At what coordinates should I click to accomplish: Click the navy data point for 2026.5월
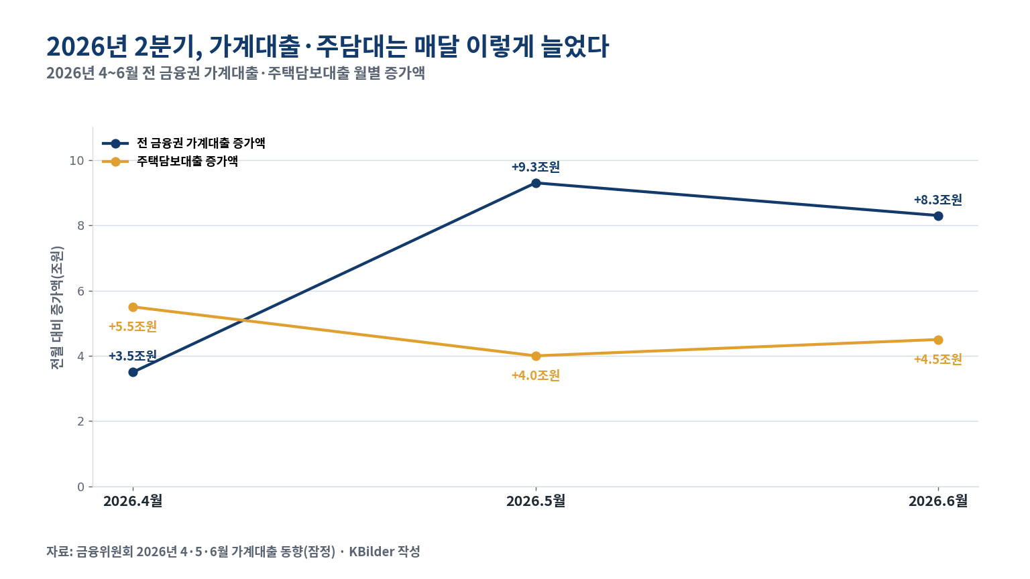[x=536, y=184]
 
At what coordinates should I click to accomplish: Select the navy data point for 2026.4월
[x=133, y=372]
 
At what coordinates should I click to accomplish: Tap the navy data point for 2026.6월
[x=938, y=216]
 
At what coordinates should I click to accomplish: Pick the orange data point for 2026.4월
[x=133, y=307]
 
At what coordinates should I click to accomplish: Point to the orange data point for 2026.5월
[x=536, y=356]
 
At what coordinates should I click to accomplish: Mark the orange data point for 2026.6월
[x=938, y=340]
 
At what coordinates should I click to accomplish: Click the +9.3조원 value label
[x=536, y=167]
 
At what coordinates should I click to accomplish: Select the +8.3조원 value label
[x=938, y=200]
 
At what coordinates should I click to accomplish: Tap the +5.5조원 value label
[x=133, y=326]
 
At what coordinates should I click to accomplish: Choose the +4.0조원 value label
[x=536, y=375]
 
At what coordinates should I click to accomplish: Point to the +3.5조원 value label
[x=133, y=356]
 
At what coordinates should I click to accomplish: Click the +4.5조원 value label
[x=938, y=359]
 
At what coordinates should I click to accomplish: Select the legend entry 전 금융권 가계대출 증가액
[x=184, y=143]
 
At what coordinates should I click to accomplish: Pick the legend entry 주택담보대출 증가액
[x=170, y=162]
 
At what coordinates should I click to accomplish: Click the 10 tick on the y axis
[x=77, y=161]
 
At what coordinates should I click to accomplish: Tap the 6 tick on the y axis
[x=81, y=292]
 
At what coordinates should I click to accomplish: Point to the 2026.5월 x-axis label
[x=536, y=501]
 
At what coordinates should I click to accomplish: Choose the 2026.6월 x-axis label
[x=938, y=501]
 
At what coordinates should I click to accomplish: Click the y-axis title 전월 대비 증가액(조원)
[x=56, y=308]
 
